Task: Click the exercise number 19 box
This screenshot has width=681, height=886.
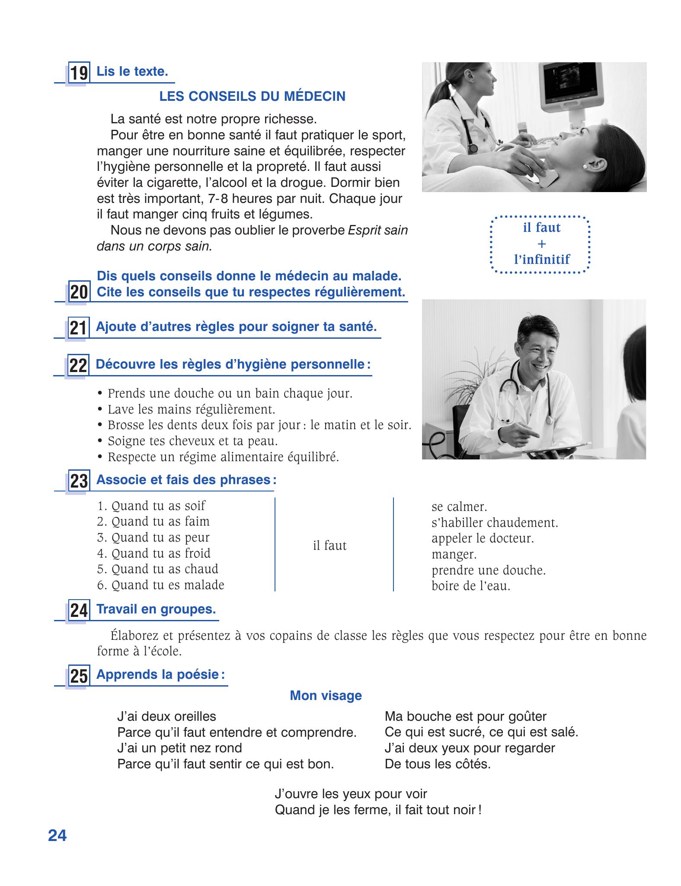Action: click(79, 73)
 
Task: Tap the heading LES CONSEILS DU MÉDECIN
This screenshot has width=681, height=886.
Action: click(253, 96)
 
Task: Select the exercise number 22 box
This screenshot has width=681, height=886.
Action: click(78, 366)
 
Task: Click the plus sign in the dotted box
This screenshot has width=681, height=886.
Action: click(541, 244)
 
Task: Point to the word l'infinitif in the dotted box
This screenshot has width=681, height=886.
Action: click(542, 260)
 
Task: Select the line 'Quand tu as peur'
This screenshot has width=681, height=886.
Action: click(153, 537)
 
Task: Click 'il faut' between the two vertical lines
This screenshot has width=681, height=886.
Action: click(329, 546)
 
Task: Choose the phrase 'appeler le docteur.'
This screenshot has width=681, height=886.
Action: click(483, 538)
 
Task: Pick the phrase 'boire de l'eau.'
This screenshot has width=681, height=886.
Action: click(471, 586)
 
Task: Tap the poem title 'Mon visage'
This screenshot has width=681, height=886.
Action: click(326, 696)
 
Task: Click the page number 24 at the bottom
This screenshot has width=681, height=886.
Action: click(58, 835)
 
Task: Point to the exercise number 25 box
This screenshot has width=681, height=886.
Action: click(79, 676)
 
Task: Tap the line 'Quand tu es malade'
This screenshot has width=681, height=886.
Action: click(161, 585)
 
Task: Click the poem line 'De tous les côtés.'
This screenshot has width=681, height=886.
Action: click(438, 764)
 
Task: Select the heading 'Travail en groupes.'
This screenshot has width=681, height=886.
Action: click(156, 609)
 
